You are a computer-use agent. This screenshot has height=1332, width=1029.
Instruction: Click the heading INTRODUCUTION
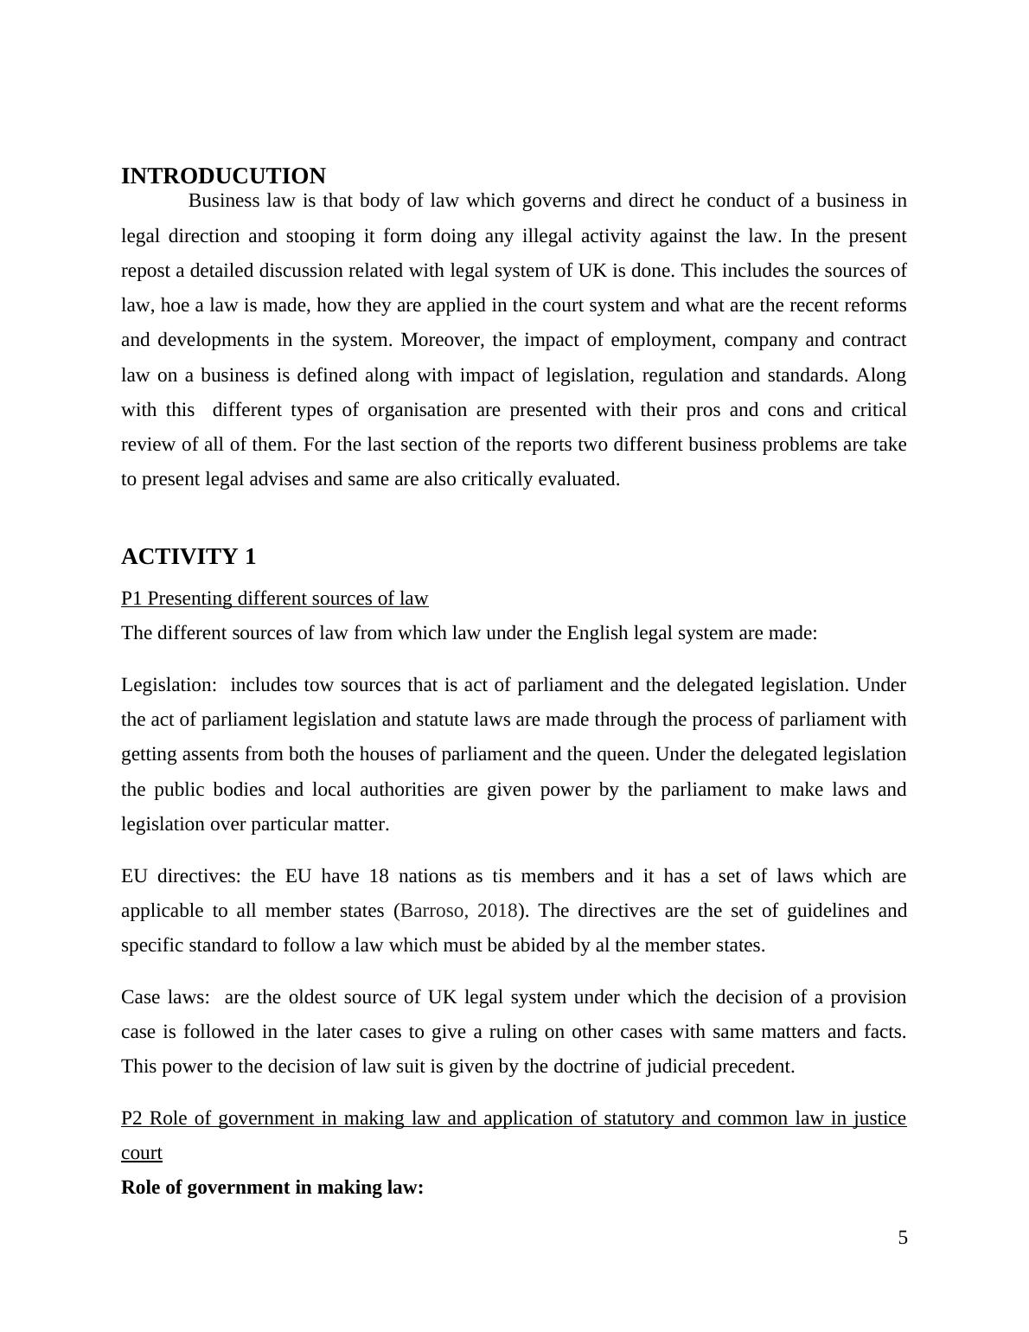tap(223, 176)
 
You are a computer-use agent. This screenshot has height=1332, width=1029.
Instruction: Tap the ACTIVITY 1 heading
tap(189, 557)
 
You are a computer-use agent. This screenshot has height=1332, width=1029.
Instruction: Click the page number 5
tap(903, 1238)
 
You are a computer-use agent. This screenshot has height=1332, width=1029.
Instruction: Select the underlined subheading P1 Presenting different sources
tap(274, 599)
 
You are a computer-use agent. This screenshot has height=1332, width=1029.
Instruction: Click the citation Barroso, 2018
tap(459, 911)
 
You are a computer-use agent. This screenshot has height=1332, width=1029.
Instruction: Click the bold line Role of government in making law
tap(272, 1188)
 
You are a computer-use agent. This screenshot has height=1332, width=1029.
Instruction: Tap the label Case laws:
tap(165, 997)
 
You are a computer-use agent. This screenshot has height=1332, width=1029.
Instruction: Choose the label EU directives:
tap(181, 876)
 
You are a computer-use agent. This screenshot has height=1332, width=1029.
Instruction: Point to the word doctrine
tap(585, 1066)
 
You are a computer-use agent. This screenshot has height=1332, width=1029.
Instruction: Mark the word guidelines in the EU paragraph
tap(766, 911)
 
